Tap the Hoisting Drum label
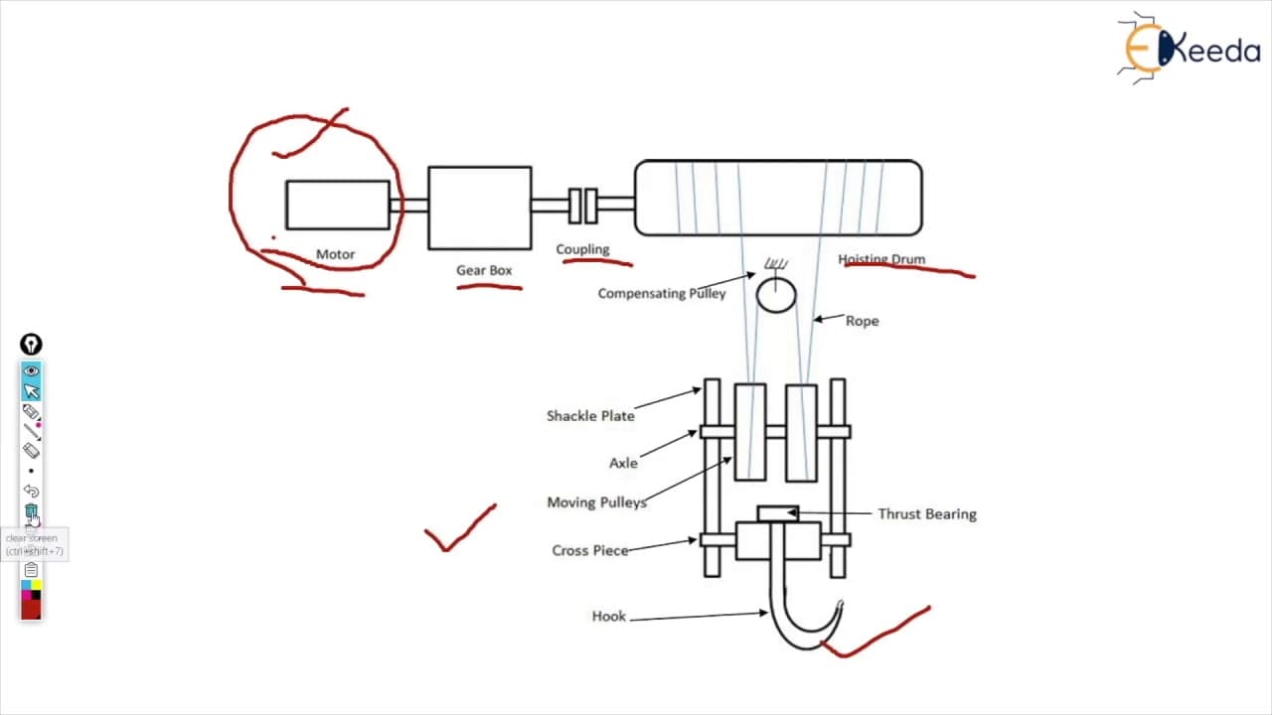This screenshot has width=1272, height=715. [x=881, y=259]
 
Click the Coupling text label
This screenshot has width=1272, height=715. [x=582, y=249]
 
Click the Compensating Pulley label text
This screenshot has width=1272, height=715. [x=662, y=293]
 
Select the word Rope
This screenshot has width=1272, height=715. [x=862, y=321]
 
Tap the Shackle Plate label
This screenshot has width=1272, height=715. [x=590, y=416]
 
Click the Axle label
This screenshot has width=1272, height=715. [x=623, y=463]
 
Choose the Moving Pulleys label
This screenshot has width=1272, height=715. [x=597, y=502]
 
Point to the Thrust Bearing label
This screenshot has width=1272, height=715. [x=927, y=514]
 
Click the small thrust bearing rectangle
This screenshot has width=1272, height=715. [x=778, y=513]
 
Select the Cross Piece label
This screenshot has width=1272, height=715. [x=590, y=550]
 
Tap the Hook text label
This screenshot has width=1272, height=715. [x=609, y=617]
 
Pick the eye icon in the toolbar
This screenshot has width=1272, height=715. [x=31, y=370]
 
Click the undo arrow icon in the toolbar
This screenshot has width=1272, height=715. [x=31, y=491]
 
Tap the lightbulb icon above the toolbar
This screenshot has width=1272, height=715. [x=31, y=345]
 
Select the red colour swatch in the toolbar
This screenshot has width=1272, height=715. [x=31, y=610]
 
